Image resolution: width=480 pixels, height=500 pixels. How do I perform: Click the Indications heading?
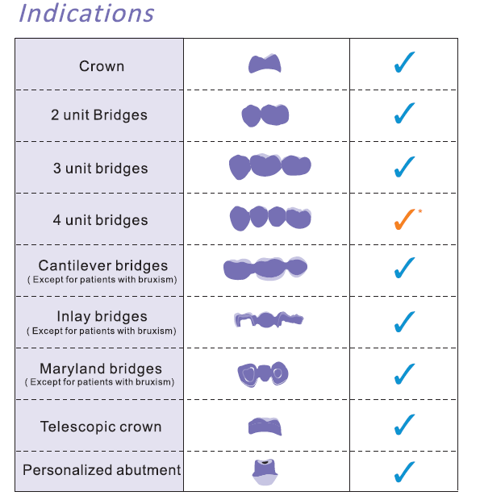(x=86, y=14)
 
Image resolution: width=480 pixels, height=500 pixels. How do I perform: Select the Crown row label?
(x=102, y=66)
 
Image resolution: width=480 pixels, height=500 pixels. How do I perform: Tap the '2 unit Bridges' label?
(x=99, y=115)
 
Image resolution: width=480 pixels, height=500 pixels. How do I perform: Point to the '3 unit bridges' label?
(x=101, y=169)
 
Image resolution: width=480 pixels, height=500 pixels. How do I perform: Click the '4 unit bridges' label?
(x=101, y=220)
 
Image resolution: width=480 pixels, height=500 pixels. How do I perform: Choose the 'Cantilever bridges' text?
(x=103, y=265)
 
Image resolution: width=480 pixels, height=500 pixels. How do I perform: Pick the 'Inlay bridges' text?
(x=102, y=317)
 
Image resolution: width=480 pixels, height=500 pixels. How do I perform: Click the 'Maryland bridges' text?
(x=101, y=369)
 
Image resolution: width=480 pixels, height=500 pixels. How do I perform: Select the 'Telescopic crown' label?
(x=101, y=427)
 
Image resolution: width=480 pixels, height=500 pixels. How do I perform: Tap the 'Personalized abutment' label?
(x=102, y=470)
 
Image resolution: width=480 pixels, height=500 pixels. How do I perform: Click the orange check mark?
(x=404, y=219)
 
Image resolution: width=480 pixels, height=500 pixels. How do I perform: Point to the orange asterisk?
(x=420, y=210)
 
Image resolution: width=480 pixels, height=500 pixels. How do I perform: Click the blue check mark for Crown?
(x=404, y=62)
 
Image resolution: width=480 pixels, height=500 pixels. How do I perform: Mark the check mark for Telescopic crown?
(x=404, y=424)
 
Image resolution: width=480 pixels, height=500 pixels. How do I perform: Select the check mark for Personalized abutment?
(x=404, y=472)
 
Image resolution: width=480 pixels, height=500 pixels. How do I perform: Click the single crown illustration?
(x=265, y=64)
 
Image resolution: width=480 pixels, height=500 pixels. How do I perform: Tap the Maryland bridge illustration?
(x=263, y=374)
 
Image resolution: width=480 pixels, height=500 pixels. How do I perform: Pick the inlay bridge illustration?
(x=269, y=320)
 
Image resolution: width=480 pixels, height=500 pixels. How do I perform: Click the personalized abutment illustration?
(x=265, y=472)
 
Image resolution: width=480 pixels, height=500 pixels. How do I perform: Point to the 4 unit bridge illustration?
(x=270, y=219)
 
